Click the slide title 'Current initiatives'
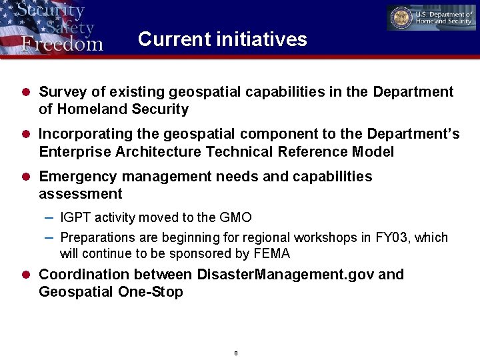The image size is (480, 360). point(222,39)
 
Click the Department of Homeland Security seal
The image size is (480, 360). point(402,18)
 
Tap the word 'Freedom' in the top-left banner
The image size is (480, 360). point(62,44)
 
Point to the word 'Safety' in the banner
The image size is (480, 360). point(69,28)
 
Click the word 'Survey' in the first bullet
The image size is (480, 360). point(61,92)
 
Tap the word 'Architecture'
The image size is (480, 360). point(159,152)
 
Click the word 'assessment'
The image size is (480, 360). point(81,194)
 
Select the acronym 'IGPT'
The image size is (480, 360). point(75,217)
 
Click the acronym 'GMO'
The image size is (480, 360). point(235,217)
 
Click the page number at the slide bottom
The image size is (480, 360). point(236,353)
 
